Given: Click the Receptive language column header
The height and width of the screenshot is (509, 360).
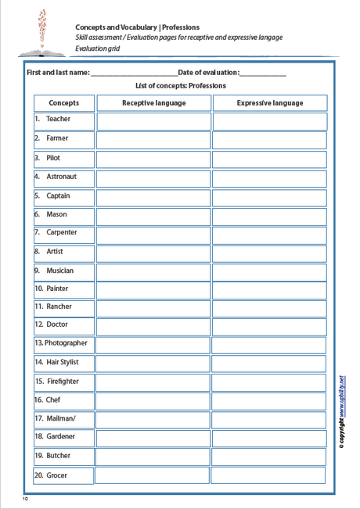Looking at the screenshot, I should [x=153, y=103].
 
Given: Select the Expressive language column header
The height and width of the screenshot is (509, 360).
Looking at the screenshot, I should [x=269, y=103].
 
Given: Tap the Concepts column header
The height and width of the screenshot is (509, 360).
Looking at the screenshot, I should [x=63, y=103].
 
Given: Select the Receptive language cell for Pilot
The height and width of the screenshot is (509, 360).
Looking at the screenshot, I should [x=153, y=159].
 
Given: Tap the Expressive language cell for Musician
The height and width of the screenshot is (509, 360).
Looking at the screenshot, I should [x=269, y=272].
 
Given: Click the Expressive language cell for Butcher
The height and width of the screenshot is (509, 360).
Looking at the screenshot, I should [x=269, y=457].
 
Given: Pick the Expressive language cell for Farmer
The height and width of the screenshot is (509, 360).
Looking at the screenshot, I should [x=269, y=140].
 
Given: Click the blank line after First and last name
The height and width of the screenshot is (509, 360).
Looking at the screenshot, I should [x=134, y=74].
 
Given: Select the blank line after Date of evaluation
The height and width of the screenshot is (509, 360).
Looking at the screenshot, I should [x=263, y=74].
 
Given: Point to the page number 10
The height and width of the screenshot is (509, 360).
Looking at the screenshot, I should [x=25, y=498].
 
